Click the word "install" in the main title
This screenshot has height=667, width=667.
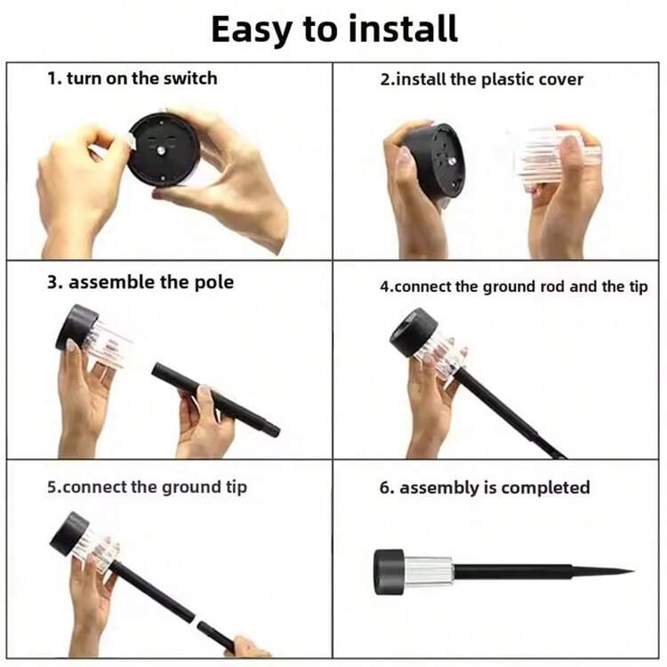pyautogui.click(x=402, y=29)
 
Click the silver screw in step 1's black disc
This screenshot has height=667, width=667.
pyautogui.click(x=161, y=150)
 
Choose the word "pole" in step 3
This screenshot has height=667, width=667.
pyautogui.click(x=214, y=283)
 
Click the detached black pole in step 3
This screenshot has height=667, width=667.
pyautogui.click(x=216, y=400)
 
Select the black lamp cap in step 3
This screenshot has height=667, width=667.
pyautogui.click(x=77, y=327)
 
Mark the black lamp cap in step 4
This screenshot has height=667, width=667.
pyautogui.click(x=414, y=332)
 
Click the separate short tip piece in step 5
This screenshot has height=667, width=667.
pyautogui.click(x=216, y=637)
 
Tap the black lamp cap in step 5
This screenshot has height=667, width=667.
pyautogui.click(x=68, y=534)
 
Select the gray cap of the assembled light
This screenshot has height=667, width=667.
pyautogui.click(x=389, y=572)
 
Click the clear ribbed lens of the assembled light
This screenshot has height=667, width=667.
pyautogui.click(x=428, y=572)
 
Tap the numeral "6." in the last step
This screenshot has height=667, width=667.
pyautogui.click(x=387, y=487)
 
